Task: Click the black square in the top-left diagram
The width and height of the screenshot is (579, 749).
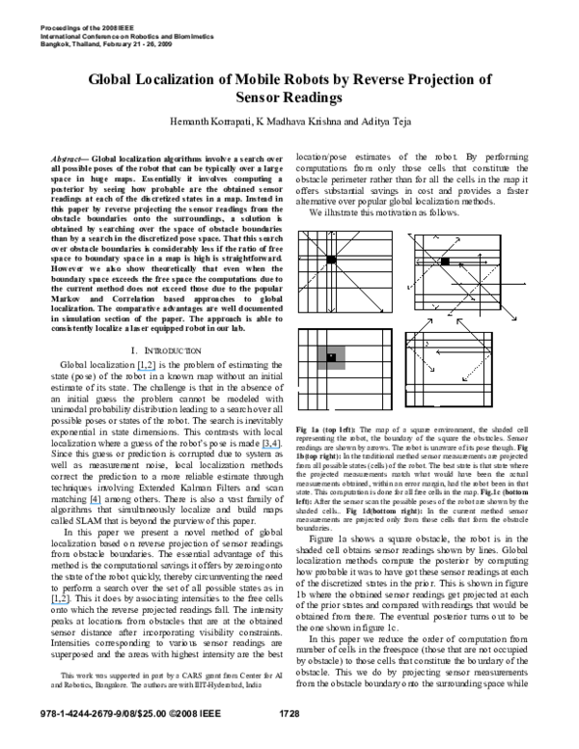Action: coord(331,260)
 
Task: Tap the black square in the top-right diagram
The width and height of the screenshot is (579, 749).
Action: coord(445,262)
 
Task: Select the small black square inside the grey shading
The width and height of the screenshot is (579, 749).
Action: coord(331,357)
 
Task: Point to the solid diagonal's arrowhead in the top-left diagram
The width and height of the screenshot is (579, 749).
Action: coord(382,311)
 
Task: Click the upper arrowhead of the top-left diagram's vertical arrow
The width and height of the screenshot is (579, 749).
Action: coord(331,233)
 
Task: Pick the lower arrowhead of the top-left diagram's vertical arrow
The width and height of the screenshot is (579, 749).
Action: coord(331,310)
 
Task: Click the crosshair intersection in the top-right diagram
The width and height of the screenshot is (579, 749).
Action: coord(480,284)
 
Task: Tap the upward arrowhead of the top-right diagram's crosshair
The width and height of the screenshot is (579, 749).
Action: coord(480,255)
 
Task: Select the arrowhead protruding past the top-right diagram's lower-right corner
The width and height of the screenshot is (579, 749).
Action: coord(515,319)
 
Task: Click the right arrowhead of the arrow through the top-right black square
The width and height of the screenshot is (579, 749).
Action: coord(486,262)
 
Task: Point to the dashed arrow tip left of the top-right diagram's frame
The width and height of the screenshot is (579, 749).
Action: coord(408,288)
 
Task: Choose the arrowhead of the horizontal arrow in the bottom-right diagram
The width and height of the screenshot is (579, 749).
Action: coord(437,352)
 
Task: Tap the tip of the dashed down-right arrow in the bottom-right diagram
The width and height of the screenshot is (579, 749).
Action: coord(433,371)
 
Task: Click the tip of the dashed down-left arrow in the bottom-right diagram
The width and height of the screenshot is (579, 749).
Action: coord(463,380)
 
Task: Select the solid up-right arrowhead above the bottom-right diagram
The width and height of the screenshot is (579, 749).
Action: coord(431,319)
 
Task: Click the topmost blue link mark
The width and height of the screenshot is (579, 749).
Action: coord(147,371)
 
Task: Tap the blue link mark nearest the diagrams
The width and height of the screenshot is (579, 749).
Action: coord(270,448)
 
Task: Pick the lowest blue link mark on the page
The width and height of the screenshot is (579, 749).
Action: coord(60,604)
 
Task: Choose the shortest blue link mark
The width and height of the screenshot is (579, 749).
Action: coord(95,504)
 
